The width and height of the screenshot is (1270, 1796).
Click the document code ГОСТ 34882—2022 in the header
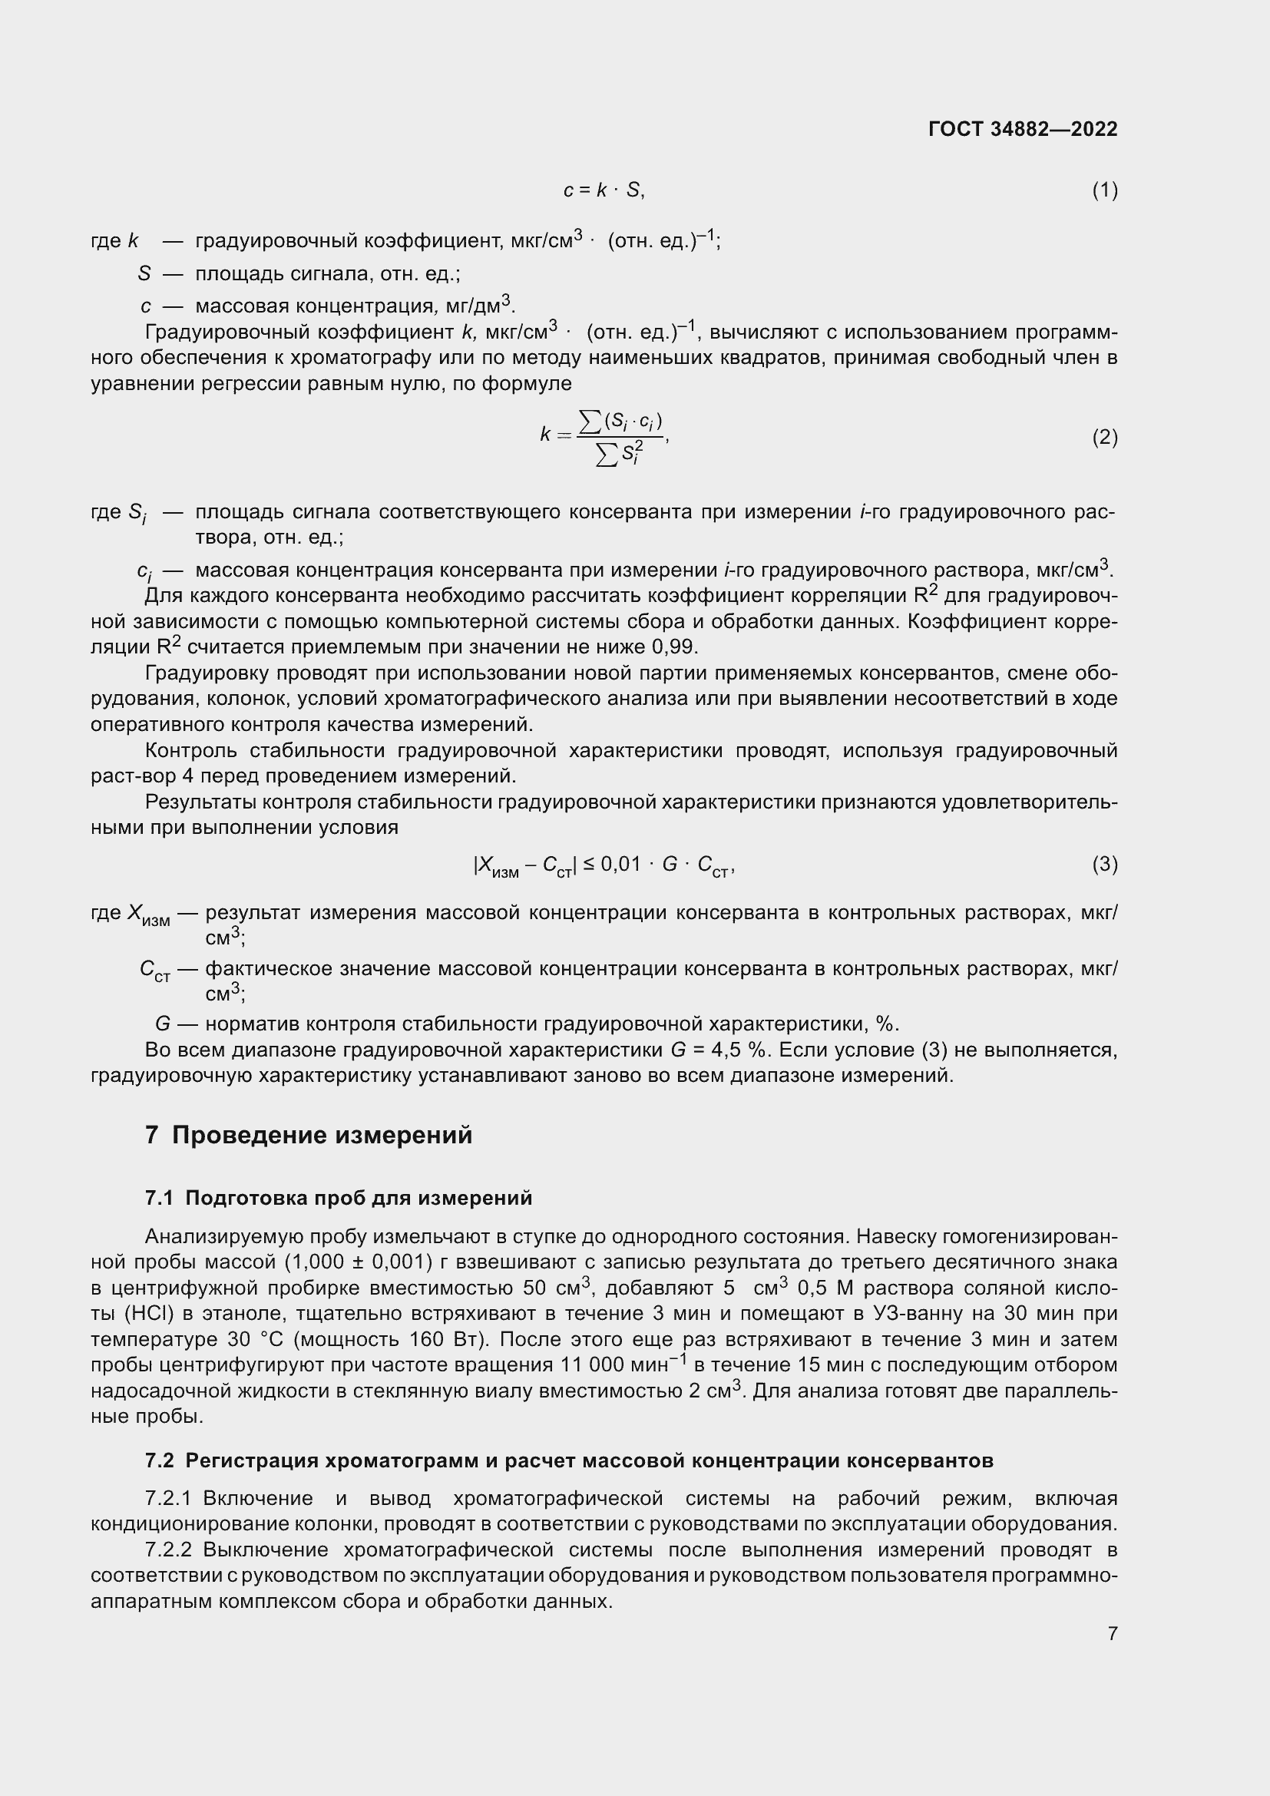(x=1022, y=129)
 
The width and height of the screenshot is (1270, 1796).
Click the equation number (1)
(x=1104, y=190)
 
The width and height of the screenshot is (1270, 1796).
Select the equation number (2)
(x=1104, y=436)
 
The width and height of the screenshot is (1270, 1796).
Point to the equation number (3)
(x=1104, y=864)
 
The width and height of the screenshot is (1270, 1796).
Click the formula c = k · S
(x=604, y=190)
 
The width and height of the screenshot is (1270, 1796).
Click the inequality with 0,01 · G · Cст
(x=604, y=865)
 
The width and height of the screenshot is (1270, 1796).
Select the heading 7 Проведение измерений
(x=309, y=1135)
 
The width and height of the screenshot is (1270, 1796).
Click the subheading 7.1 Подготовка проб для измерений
(x=339, y=1199)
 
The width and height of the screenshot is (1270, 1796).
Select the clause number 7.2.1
(x=168, y=1499)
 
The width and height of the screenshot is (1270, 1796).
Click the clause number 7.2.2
(x=168, y=1550)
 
